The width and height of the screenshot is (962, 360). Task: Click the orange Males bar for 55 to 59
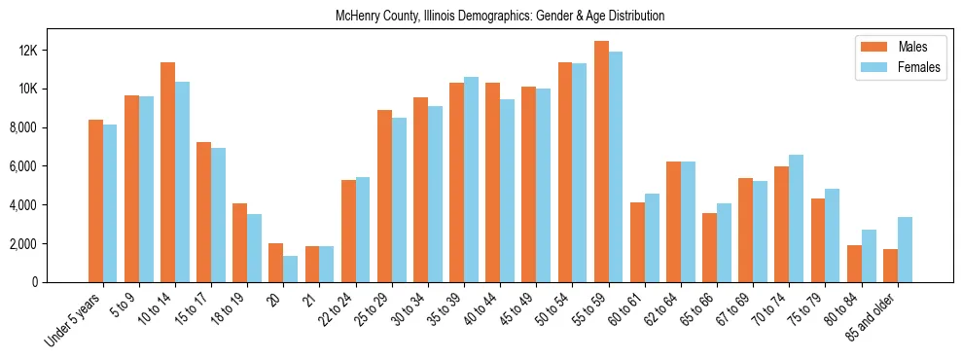[x=602, y=162]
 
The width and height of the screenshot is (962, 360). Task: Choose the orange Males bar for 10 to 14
[x=168, y=172]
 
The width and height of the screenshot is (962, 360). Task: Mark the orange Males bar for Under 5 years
[x=95, y=201]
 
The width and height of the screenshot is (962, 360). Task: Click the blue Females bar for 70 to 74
[x=797, y=219]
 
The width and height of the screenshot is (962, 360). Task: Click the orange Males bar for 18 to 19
[x=240, y=242]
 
